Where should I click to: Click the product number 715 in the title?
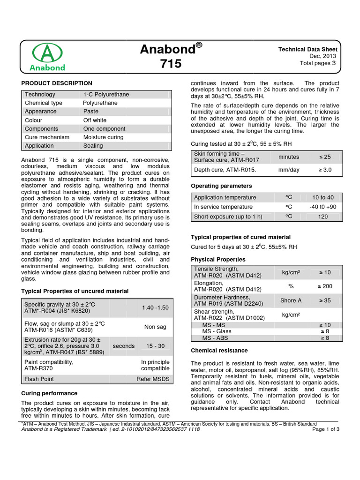click(x=172, y=63)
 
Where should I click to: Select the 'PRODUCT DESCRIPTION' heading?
click(x=57, y=83)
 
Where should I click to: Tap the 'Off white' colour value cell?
click(x=95, y=120)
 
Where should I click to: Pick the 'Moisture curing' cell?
click(x=103, y=137)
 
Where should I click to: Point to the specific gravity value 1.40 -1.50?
click(x=155, y=307)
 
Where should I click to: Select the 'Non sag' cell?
click(x=155, y=327)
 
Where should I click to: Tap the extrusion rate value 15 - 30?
click(x=155, y=346)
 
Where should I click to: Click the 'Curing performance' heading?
click(x=49, y=393)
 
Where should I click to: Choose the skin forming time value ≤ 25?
click(x=324, y=157)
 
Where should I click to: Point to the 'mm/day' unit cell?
click(x=288, y=170)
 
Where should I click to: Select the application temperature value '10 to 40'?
click(x=323, y=197)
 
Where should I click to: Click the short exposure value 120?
click(x=323, y=216)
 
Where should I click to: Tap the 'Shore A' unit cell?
click(x=291, y=300)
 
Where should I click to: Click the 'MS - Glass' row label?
click(x=217, y=331)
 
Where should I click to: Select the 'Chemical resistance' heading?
click(x=219, y=350)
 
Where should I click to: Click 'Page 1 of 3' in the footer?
click(x=326, y=429)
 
